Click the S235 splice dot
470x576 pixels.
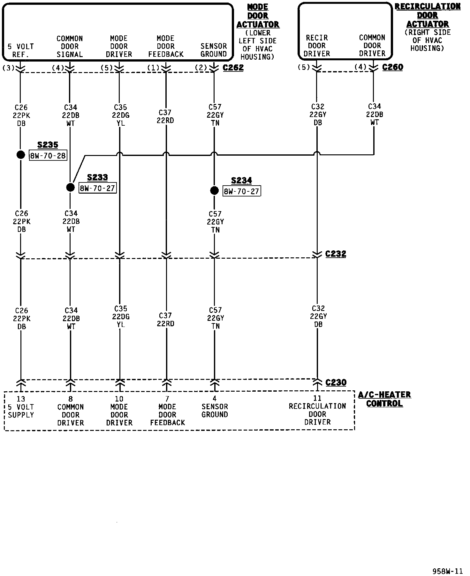[x=21, y=155]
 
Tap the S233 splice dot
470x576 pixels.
[x=70, y=187]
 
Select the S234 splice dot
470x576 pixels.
[x=214, y=190]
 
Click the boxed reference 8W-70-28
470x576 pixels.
[x=48, y=156]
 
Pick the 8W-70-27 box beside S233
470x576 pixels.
[x=97, y=188]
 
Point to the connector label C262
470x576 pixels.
[x=233, y=68]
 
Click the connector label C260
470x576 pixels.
[x=392, y=67]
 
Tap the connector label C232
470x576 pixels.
[x=336, y=254]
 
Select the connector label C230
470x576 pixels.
[x=336, y=382]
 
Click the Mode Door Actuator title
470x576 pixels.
[x=258, y=16]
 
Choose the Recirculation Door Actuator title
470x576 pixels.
[x=428, y=15]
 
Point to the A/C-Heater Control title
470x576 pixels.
[x=384, y=399]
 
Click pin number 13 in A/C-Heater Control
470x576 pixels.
[x=21, y=399]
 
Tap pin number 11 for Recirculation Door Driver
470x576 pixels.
[x=317, y=398]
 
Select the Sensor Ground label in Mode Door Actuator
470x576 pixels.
[x=214, y=50]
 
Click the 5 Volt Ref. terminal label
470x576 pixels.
[x=21, y=50]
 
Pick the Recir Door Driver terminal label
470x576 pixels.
[x=317, y=46]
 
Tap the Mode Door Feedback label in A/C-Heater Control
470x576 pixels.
[x=167, y=415]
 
